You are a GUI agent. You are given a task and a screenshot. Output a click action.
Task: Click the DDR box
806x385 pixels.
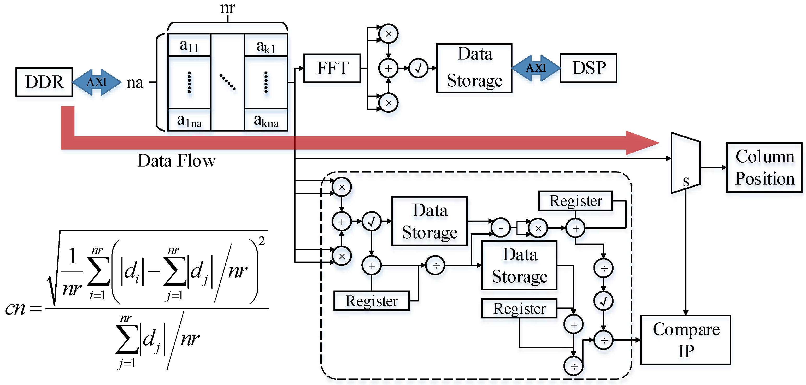pyautogui.click(x=44, y=82)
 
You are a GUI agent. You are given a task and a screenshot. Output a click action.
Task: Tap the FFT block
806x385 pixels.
pyautogui.click(x=332, y=68)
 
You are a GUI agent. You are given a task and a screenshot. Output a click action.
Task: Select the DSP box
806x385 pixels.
pyautogui.click(x=588, y=68)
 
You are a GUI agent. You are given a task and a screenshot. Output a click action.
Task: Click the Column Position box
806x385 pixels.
pyautogui.click(x=764, y=167)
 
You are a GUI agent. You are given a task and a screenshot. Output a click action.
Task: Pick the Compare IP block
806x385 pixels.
pyautogui.click(x=686, y=340)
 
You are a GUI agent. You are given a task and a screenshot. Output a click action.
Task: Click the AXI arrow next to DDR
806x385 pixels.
pyautogui.click(x=97, y=82)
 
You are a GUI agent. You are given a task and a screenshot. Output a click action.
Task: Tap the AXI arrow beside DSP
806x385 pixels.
pyautogui.click(x=536, y=68)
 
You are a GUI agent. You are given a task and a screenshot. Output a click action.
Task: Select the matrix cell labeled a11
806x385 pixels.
pyautogui.click(x=189, y=46)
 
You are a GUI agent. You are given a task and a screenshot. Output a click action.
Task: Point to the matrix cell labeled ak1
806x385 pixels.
pyautogui.click(x=266, y=46)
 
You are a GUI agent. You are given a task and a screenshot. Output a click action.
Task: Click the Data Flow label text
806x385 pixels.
pyautogui.click(x=177, y=161)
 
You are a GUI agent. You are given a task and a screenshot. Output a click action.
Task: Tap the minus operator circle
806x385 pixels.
pyautogui.click(x=500, y=228)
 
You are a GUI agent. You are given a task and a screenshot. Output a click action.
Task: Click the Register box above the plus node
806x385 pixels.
pyautogui.click(x=575, y=201)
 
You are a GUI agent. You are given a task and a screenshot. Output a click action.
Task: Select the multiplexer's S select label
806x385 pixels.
pyautogui.click(x=686, y=182)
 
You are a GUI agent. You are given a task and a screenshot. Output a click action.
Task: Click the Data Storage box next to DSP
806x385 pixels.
pyautogui.click(x=474, y=68)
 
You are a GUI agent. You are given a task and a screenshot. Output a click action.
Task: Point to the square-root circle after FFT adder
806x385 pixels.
pyautogui.click(x=418, y=68)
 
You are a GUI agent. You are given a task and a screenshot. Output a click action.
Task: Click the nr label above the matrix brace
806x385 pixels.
pyautogui.click(x=227, y=8)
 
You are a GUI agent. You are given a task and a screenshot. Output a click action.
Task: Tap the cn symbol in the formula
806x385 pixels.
pyautogui.click(x=15, y=309)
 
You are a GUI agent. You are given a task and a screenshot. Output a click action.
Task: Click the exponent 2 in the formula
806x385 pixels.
pyautogui.click(x=262, y=241)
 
